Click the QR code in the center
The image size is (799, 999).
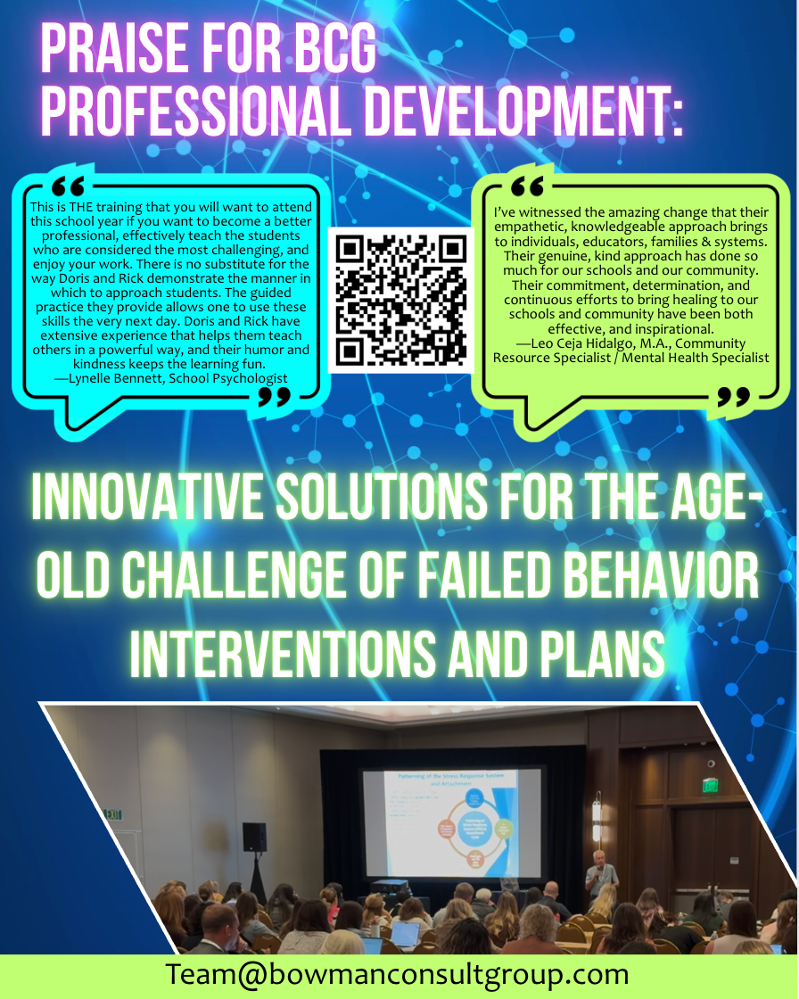click(400, 300)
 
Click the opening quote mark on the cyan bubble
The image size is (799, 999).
click(69, 185)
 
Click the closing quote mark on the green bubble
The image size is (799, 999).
click(733, 396)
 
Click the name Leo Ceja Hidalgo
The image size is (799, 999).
click(583, 343)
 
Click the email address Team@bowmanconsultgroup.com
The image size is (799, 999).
click(397, 974)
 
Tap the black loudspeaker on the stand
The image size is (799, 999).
click(254, 837)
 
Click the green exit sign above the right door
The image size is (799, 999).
click(710, 785)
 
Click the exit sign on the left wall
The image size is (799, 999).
click(111, 814)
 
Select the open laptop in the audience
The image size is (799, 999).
click(406, 933)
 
